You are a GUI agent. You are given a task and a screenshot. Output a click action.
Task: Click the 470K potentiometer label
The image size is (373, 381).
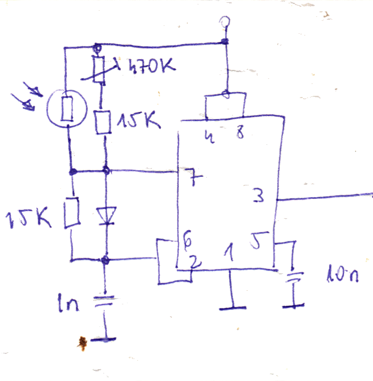pos(152,65)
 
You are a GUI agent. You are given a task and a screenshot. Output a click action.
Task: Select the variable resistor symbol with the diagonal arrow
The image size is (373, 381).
pos(99,69)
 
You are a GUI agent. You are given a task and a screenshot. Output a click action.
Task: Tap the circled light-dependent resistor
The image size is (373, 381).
pos(67,108)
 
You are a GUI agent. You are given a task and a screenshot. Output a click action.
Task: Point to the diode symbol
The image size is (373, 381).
pos(106,216)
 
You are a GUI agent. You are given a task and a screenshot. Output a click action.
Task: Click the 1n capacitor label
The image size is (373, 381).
pos(68,303)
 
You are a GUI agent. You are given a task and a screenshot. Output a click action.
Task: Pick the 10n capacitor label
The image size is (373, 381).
pos(343,273)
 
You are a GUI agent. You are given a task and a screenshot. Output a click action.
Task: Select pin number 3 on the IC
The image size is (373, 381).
pos(258,196)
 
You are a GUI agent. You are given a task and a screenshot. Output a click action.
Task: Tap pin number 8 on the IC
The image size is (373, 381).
pos(240,133)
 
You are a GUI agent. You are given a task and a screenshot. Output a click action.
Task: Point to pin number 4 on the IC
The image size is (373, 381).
pos(210,137)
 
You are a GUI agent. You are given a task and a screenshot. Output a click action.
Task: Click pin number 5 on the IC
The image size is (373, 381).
pos(259,240)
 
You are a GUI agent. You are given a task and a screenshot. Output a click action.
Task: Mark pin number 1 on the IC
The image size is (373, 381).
pos(229,252)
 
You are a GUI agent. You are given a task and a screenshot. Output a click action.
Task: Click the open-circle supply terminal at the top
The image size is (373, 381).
pos(225,21)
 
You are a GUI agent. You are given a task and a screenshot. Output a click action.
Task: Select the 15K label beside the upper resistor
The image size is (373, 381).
pos(139,119)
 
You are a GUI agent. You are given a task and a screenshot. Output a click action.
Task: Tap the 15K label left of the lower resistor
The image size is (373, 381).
pos(28,219)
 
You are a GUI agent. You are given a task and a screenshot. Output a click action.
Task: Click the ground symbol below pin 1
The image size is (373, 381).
pos(232,308)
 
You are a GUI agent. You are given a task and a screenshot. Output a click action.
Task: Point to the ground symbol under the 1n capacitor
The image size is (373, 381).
pos(103,339)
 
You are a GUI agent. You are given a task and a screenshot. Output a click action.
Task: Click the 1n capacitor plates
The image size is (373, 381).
pos(104,300)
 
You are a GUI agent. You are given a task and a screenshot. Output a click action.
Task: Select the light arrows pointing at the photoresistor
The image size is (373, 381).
pos(27,98)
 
